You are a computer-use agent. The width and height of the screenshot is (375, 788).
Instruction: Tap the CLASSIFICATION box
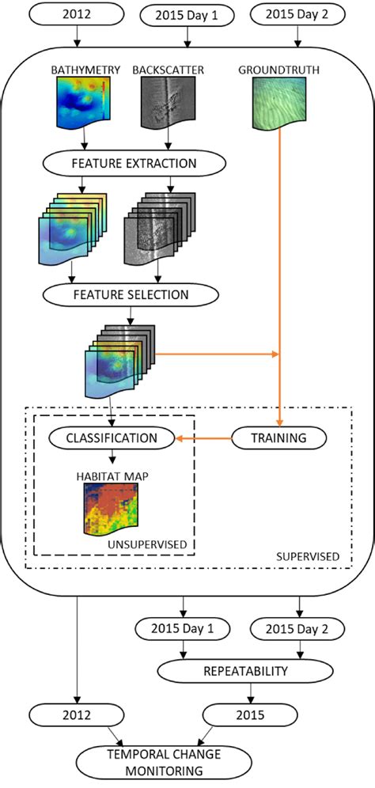pos(111,437)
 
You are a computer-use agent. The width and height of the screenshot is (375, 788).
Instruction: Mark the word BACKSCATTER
pos(168,70)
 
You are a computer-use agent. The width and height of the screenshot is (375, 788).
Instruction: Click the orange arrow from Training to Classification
pos(203,437)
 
